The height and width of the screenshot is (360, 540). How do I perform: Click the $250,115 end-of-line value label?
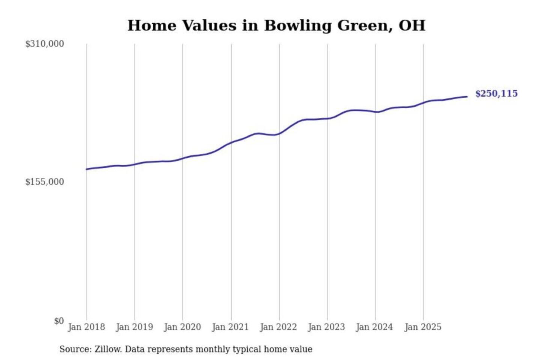(x=496, y=93)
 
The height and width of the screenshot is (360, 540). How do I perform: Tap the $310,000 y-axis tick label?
(x=45, y=44)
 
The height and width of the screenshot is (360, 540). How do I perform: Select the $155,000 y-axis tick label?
(x=45, y=182)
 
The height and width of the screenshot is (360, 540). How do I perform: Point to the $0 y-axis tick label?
(x=59, y=321)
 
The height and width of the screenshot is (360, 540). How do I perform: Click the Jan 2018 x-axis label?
(x=86, y=327)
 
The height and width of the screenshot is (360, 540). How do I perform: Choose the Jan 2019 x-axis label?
(x=134, y=327)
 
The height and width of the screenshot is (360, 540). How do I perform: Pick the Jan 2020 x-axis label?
(x=182, y=327)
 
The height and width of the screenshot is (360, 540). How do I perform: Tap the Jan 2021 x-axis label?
(x=230, y=327)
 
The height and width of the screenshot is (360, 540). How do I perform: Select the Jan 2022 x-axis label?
(x=278, y=327)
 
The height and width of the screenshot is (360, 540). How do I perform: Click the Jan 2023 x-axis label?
(x=326, y=327)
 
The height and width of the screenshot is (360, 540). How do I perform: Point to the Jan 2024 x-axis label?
(x=374, y=327)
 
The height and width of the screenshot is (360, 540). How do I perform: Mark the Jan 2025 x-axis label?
(x=423, y=327)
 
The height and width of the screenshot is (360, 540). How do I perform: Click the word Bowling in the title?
(x=298, y=25)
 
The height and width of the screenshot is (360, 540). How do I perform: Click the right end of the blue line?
(x=467, y=97)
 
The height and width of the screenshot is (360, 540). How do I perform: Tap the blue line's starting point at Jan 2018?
(x=87, y=169)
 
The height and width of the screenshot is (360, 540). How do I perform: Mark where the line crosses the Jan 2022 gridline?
(x=279, y=133)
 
